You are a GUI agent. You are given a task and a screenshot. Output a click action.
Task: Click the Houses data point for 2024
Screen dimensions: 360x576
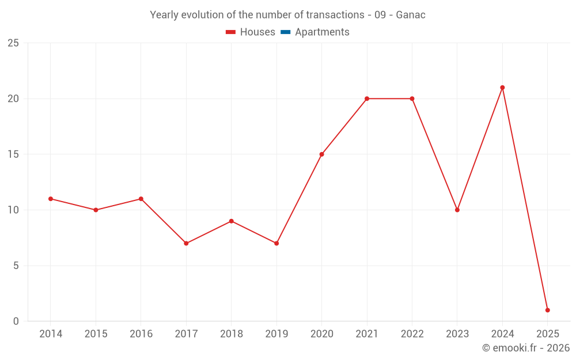pos(502,88)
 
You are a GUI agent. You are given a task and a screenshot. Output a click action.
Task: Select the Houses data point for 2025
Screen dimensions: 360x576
pos(547,310)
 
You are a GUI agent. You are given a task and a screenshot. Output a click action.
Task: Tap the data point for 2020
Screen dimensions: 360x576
pos(321,154)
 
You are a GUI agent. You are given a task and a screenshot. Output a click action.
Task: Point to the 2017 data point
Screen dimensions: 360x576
pos(186,243)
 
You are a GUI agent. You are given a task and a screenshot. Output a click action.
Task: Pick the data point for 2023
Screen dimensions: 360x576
pos(457,210)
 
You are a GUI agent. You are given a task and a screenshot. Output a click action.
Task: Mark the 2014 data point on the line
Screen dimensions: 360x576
pos(51,199)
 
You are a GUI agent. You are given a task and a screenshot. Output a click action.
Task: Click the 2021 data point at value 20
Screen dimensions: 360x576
pos(367,98)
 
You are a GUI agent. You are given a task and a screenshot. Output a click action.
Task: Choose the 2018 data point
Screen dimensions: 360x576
pos(231,221)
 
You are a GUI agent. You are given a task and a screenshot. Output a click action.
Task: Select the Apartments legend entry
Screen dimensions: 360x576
pos(322,32)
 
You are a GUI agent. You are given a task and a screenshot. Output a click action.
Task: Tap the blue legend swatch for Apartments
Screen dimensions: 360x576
pos(285,32)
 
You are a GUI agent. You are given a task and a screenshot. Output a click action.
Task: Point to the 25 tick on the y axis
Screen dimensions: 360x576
pos(13,43)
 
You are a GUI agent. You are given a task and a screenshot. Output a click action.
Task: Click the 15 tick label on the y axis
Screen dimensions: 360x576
pos(13,154)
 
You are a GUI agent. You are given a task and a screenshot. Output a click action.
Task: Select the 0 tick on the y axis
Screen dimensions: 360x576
pos(16,321)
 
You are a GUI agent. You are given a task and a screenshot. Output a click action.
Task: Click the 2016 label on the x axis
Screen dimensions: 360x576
pos(141,334)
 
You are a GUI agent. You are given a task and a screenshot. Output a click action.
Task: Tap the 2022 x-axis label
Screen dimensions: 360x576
pos(412,334)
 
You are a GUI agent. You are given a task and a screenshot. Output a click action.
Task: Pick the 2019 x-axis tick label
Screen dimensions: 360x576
pos(276,334)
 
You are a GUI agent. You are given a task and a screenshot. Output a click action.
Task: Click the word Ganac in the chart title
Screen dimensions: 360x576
pos(411,15)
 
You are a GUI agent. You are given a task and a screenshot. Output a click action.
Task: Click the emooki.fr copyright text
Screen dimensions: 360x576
pos(526,348)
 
